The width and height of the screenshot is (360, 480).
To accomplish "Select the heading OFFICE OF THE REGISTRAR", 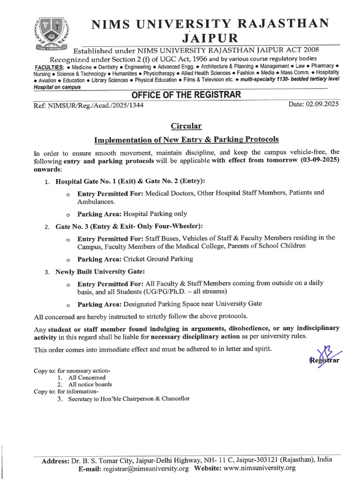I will click(186, 95).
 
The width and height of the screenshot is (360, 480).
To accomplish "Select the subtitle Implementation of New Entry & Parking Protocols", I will click(186, 139).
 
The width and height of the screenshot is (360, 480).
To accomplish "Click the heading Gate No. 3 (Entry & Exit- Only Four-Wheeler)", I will click(129, 226).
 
